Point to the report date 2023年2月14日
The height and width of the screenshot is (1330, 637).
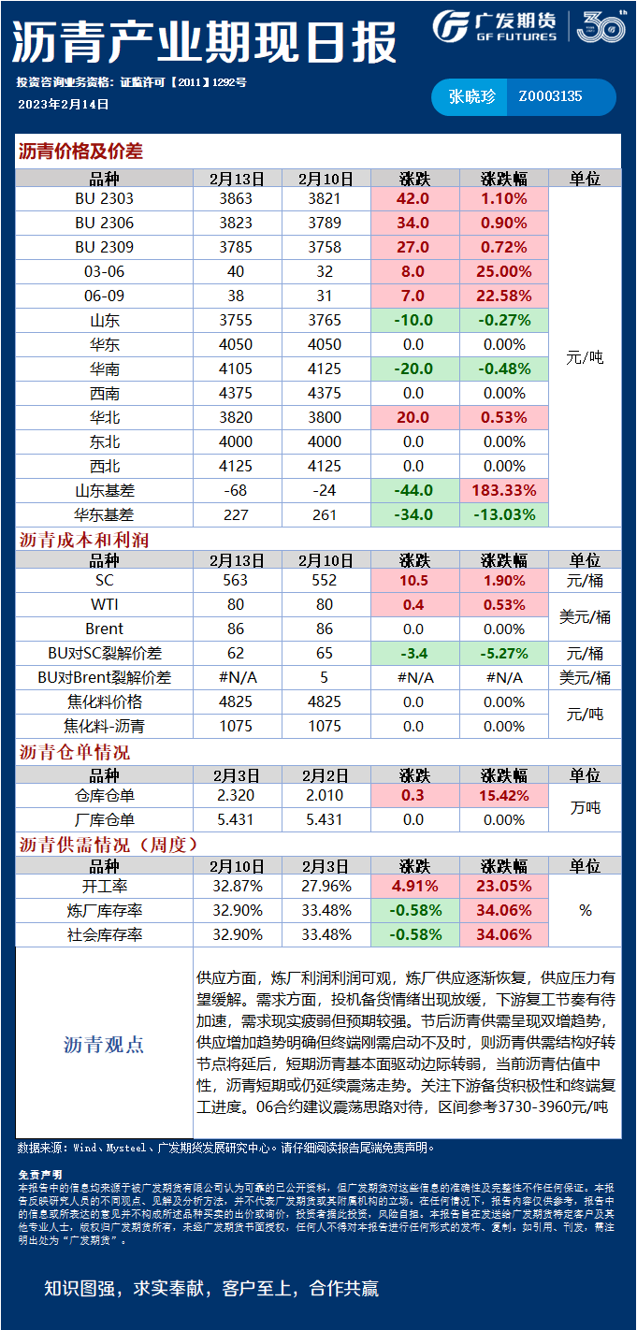point(64,104)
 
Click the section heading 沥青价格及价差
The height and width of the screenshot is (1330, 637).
point(80,152)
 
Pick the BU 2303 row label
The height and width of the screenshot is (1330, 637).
point(104,198)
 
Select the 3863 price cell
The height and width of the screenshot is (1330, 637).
point(236,198)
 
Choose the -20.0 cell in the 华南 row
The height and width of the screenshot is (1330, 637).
point(413,369)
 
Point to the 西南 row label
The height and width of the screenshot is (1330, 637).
point(104,393)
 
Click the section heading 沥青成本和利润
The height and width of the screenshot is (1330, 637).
point(84,540)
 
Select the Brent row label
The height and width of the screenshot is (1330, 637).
point(104,629)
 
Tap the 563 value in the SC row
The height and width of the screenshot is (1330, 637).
point(236,580)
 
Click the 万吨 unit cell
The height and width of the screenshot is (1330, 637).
point(585,807)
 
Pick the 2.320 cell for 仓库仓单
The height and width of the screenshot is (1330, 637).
point(236,795)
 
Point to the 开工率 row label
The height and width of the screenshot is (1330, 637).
point(104,886)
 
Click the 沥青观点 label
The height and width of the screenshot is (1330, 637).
point(104,1045)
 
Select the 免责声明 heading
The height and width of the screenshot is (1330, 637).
point(40,1173)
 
